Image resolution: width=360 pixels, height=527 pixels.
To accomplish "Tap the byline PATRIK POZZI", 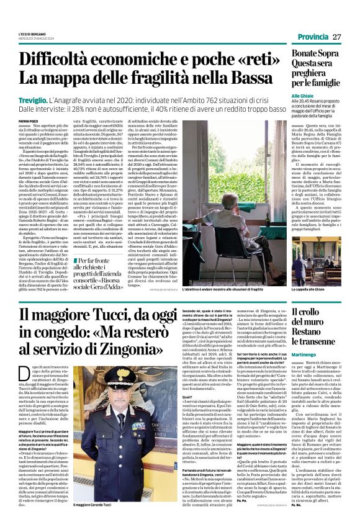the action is pyautogui.click(x=28, y=120).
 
